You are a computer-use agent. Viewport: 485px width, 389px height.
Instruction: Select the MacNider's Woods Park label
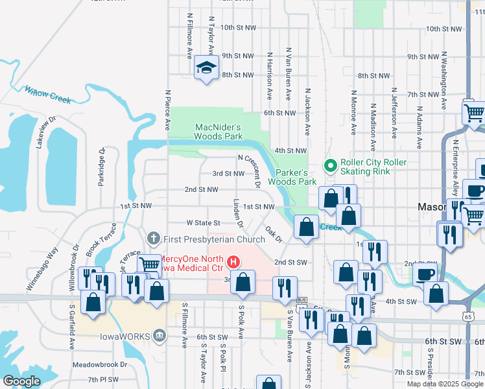point(219,132)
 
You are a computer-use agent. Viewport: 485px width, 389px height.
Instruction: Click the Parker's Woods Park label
point(296,177)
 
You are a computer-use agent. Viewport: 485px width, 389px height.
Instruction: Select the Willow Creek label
point(47,95)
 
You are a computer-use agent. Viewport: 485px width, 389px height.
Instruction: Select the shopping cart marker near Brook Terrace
point(150,264)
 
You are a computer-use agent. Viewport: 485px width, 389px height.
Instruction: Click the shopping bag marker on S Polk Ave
point(243,282)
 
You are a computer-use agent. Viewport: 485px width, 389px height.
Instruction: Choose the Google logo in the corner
point(23,381)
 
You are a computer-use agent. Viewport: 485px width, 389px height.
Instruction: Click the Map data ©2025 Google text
point(445,384)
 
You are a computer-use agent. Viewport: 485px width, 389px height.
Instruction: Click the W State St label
point(204,222)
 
